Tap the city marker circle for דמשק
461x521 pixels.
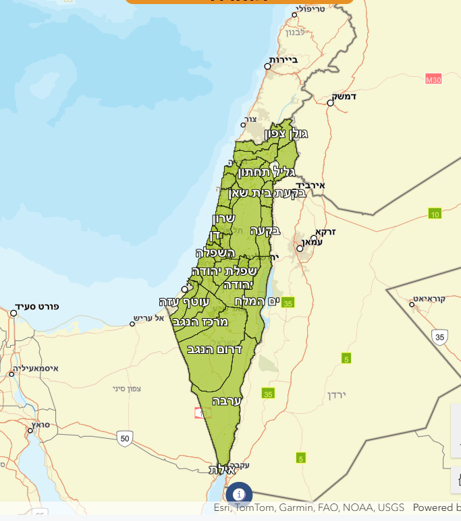point(331,103)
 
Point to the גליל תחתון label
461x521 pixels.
point(267,173)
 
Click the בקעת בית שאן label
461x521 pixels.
point(268,193)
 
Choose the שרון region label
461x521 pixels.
point(223,218)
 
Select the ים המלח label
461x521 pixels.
point(256,301)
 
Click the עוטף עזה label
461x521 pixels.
point(180,301)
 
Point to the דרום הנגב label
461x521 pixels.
point(214,349)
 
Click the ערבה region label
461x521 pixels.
point(227,400)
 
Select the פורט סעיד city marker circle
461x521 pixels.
point(13,313)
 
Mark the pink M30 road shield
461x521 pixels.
point(433,80)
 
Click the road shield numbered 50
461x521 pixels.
point(124,438)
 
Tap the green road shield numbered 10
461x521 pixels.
point(435,214)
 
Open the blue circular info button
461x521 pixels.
point(239,495)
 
